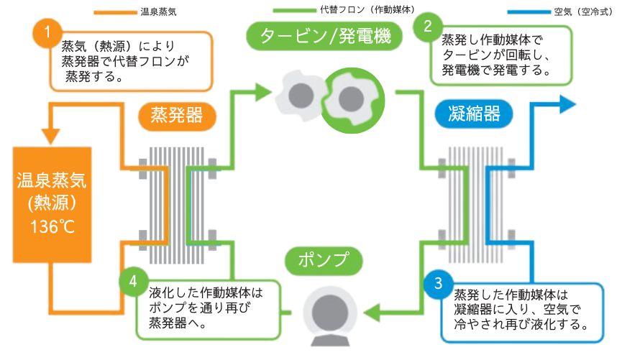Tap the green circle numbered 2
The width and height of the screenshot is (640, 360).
429,27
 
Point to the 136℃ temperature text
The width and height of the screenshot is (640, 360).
52,228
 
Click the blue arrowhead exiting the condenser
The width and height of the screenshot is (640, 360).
567,103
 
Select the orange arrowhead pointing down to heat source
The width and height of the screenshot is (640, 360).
50,134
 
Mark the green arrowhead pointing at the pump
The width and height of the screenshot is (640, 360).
373,311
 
